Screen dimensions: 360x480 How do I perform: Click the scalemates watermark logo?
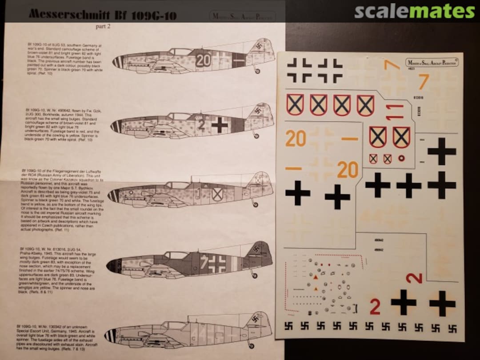click(414, 12)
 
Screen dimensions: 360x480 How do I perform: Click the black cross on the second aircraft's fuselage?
click(220, 125)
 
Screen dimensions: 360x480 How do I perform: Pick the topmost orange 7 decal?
click(392, 65)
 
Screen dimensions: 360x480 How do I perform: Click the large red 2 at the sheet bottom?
click(375, 306)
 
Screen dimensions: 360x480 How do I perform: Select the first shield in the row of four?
click(294, 105)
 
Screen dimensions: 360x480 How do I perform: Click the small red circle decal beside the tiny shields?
click(401, 158)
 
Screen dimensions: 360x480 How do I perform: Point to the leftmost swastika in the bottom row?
click(288, 326)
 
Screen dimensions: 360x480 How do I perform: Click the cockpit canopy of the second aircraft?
click(178, 116)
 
